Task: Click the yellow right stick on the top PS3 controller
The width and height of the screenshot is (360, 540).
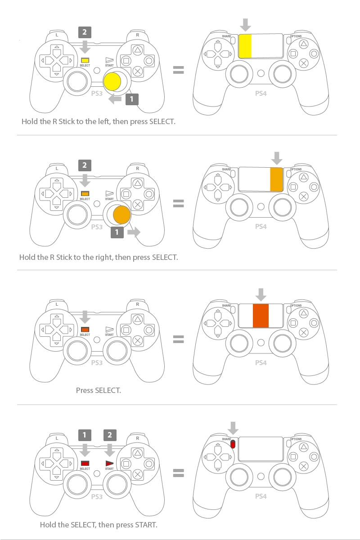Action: coord(112,81)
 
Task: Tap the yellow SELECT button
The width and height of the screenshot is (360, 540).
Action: coord(85,60)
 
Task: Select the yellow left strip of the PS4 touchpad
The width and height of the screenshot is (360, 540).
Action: coord(245,46)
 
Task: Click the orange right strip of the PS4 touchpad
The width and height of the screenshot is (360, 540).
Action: coord(276,179)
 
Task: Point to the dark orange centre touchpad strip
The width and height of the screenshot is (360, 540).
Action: coord(261,316)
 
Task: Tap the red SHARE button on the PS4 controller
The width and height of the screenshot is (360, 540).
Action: coord(233,444)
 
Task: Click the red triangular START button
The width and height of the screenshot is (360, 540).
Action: coord(109,463)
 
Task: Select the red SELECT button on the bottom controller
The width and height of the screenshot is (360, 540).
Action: coord(85,463)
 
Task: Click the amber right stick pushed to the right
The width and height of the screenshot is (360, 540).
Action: coord(122,215)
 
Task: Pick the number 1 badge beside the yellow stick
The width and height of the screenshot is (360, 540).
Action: coord(132,99)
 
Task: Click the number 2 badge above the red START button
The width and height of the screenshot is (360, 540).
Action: coord(110,435)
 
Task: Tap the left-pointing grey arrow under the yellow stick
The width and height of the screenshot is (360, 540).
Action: coord(115,99)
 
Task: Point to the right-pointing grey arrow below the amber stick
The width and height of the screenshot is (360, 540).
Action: coord(134,232)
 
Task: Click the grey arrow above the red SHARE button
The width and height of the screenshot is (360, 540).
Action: coord(233,428)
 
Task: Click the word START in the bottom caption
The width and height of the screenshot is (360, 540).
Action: coord(146,525)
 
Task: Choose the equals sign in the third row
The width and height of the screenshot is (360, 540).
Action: coord(179,339)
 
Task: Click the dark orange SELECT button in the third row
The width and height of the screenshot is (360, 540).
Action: coord(85,329)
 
